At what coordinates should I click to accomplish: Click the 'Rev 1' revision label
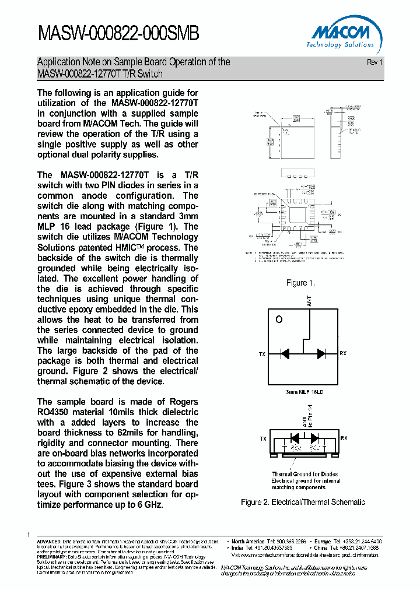tap(374, 62)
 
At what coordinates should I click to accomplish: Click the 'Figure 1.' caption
tap(300, 283)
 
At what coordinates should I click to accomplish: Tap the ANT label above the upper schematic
tap(309, 301)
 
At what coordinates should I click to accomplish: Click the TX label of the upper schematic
tap(262, 354)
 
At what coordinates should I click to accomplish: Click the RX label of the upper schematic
tap(343, 354)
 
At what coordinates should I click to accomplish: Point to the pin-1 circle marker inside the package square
tap(279, 319)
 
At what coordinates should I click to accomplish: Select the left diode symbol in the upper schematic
tap(285, 353)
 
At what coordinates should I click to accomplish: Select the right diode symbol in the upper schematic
tap(321, 353)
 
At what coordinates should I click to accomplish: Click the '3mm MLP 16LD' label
tap(303, 392)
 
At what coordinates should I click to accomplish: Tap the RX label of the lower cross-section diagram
tap(344, 438)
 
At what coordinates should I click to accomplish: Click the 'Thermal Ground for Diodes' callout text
tap(304, 474)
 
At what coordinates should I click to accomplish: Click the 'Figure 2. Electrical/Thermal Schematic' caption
tap(303, 502)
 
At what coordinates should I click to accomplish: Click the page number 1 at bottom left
tap(29, 535)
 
